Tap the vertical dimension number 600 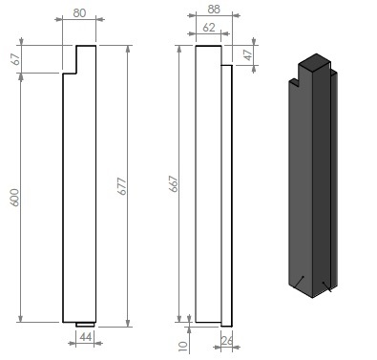(14, 198)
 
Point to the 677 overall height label (122, 185)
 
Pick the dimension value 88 (213, 10)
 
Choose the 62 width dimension (208, 29)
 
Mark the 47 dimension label (248, 54)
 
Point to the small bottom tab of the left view (85, 324)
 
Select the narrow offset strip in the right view (226, 191)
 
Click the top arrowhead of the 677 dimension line (128, 49)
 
